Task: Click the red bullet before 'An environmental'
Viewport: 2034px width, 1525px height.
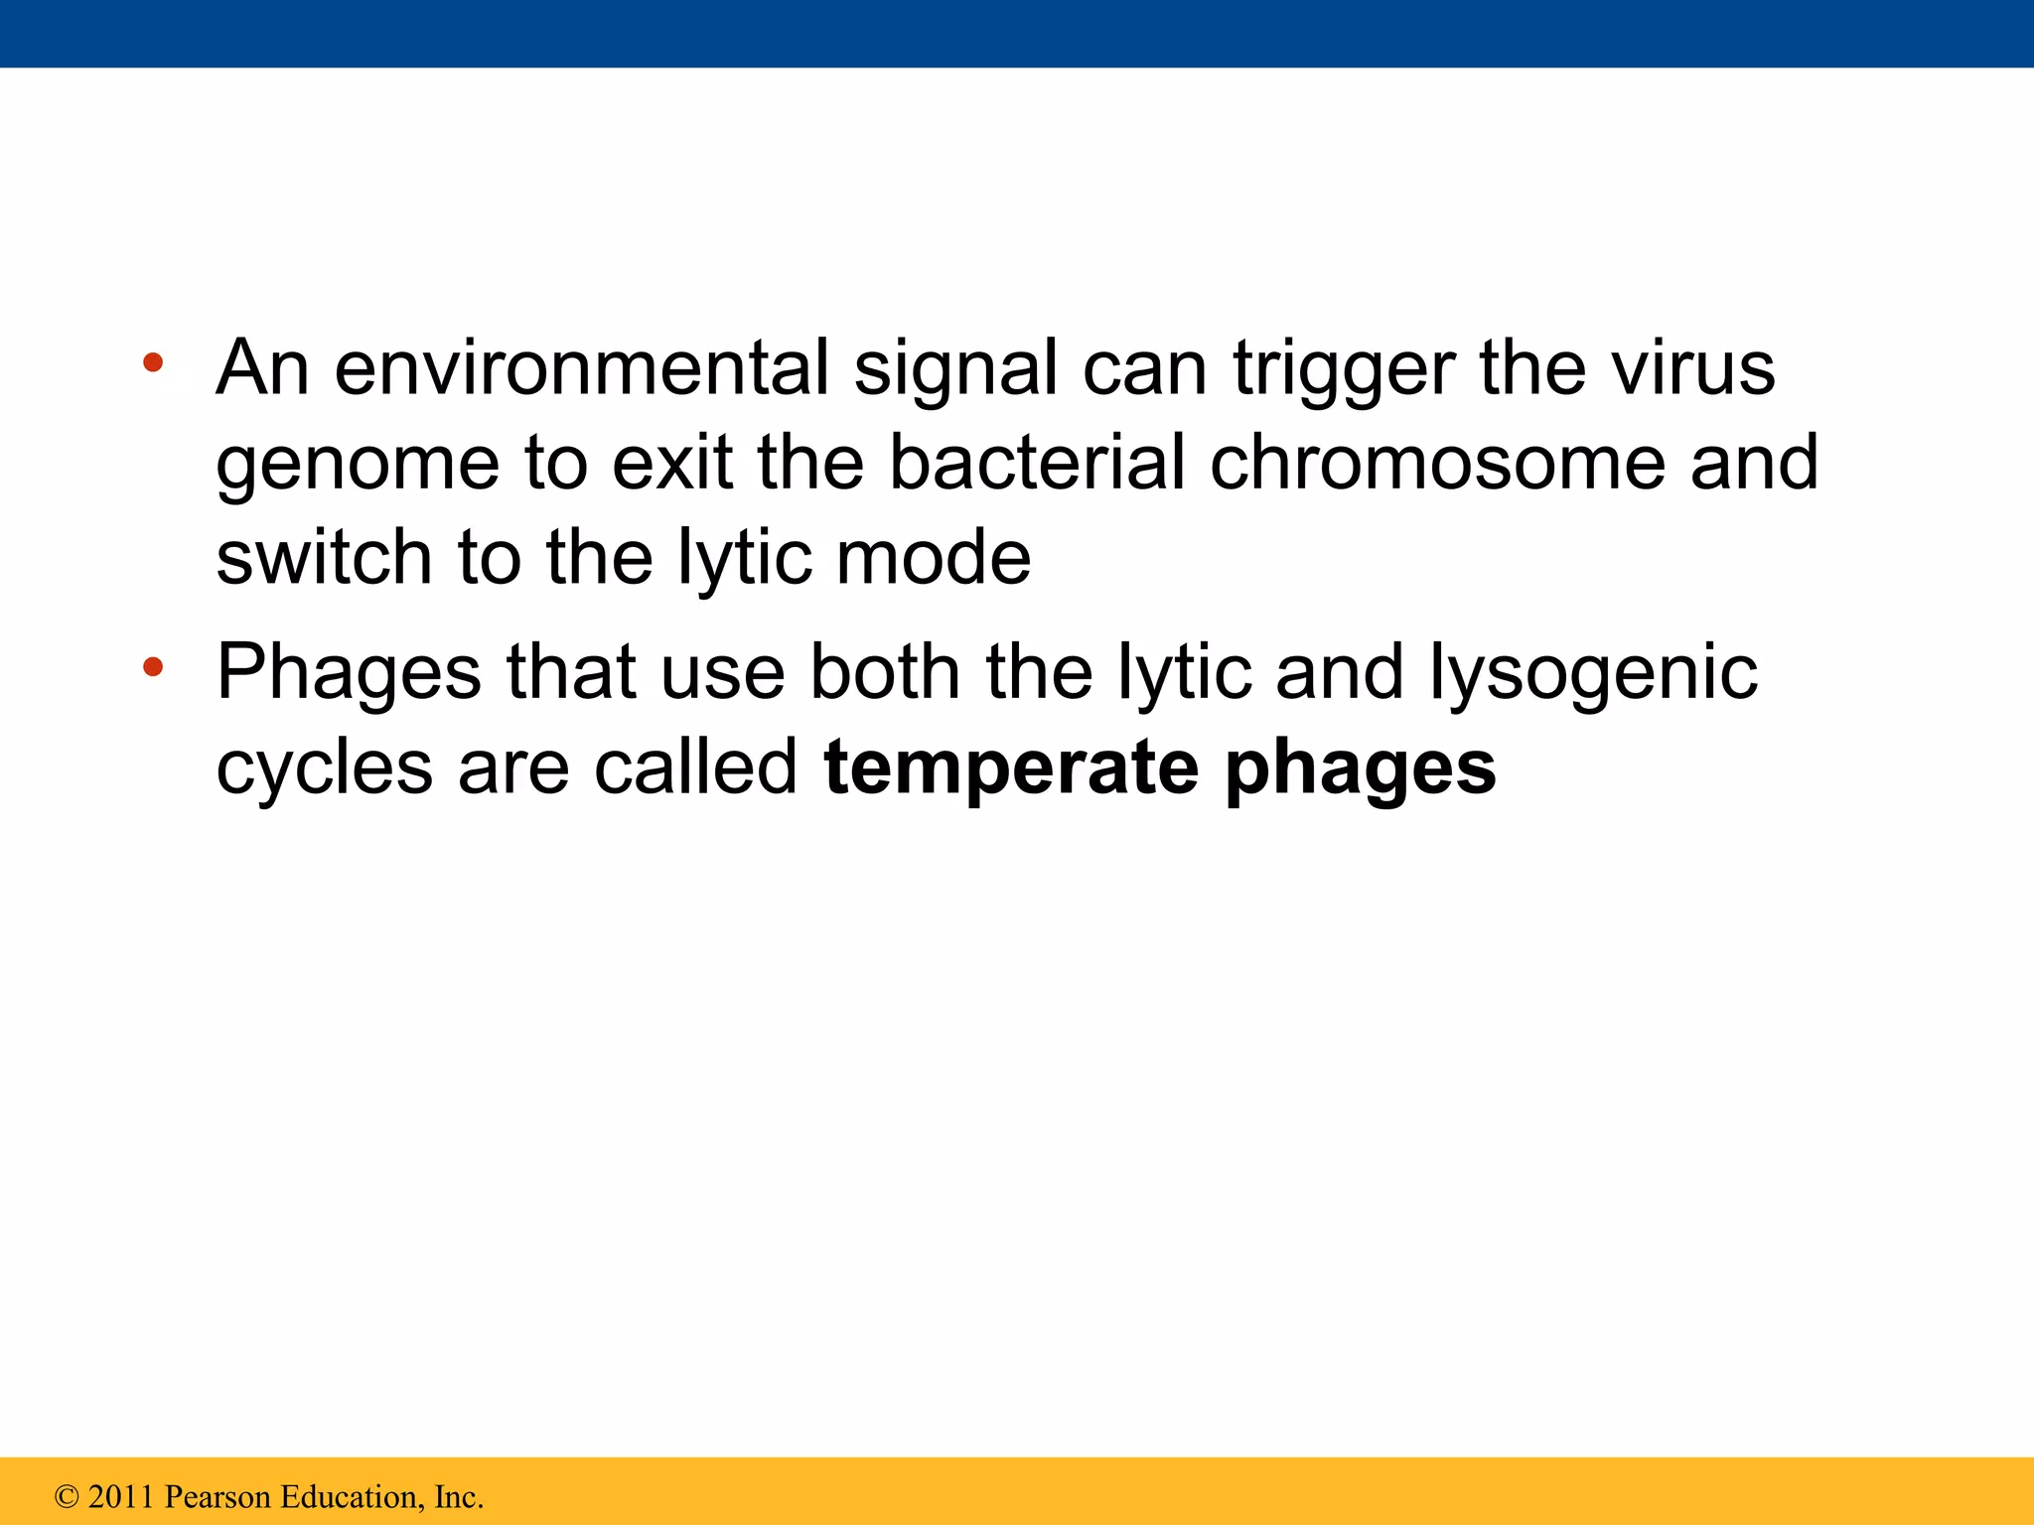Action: tap(152, 362)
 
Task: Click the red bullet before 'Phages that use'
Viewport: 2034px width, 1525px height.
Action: tap(152, 666)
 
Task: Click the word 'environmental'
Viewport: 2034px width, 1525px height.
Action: tap(581, 368)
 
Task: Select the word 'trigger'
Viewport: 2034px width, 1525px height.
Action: tap(1343, 368)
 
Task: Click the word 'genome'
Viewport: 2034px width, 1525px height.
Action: tap(358, 464)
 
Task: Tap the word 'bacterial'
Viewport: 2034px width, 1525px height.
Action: tap(1036, 464)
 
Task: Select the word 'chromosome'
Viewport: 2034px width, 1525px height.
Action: tap(1437, 464)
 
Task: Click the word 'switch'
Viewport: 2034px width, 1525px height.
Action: tap(324, 558)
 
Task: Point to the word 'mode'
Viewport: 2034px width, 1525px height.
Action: tap(933, 558)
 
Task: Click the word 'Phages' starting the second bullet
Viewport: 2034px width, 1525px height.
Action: tap(349, 673)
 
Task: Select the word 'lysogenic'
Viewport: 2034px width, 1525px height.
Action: tap(1593, 673)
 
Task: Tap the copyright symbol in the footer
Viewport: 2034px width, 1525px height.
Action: tap(67, 1496)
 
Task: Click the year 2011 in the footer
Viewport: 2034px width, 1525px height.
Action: tap(121, 1496)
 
